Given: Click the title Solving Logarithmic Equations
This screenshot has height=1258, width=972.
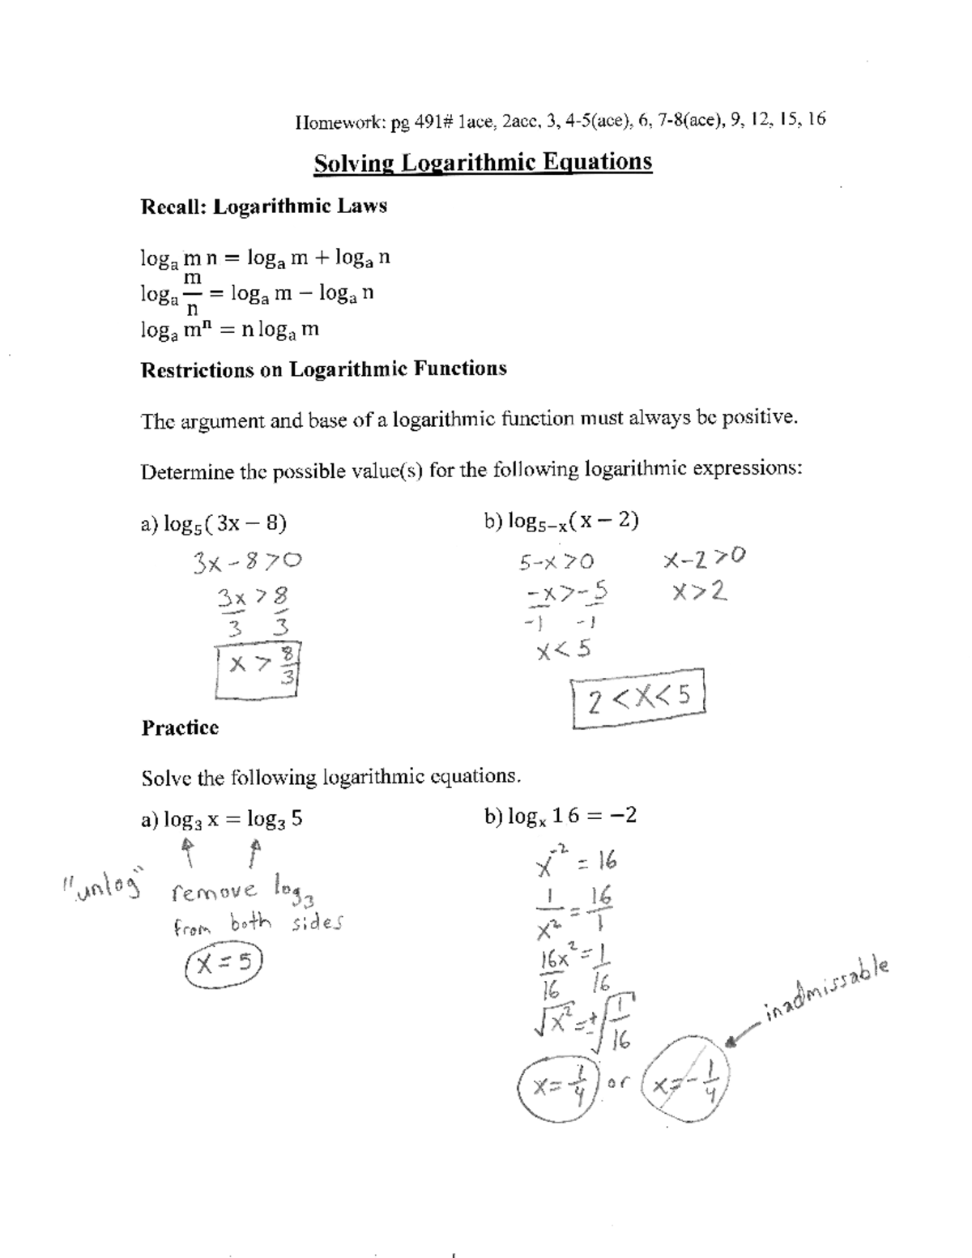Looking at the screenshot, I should (483, 162).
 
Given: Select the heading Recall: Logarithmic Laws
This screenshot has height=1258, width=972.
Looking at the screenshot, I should (264, 207).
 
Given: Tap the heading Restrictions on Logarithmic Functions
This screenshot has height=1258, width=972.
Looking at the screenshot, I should (324, 369).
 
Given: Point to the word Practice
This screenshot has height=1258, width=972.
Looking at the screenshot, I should (180, 727).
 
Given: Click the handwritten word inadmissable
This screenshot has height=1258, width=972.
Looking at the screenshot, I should (826, 990).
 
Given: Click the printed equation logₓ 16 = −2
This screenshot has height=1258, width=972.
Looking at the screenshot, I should (561, 816).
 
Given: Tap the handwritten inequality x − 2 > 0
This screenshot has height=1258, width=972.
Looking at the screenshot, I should (703, 558).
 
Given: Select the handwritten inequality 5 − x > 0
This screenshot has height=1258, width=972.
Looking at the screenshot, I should (557, 561).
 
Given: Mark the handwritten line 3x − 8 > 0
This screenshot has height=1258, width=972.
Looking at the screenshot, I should (247, 561).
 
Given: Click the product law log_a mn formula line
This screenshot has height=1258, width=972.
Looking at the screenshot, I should (266, 258).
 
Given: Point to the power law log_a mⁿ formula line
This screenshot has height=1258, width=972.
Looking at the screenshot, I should (230, 330).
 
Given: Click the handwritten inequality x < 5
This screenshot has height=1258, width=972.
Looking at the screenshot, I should (564, 650).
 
